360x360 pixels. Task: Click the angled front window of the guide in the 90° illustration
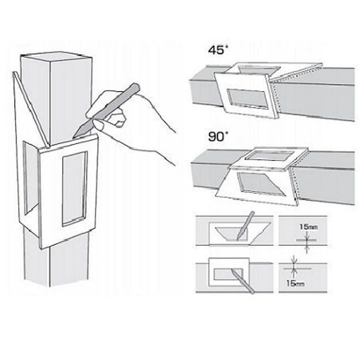[x=262, y=183]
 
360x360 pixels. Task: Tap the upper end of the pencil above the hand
[x=136, y=87]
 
